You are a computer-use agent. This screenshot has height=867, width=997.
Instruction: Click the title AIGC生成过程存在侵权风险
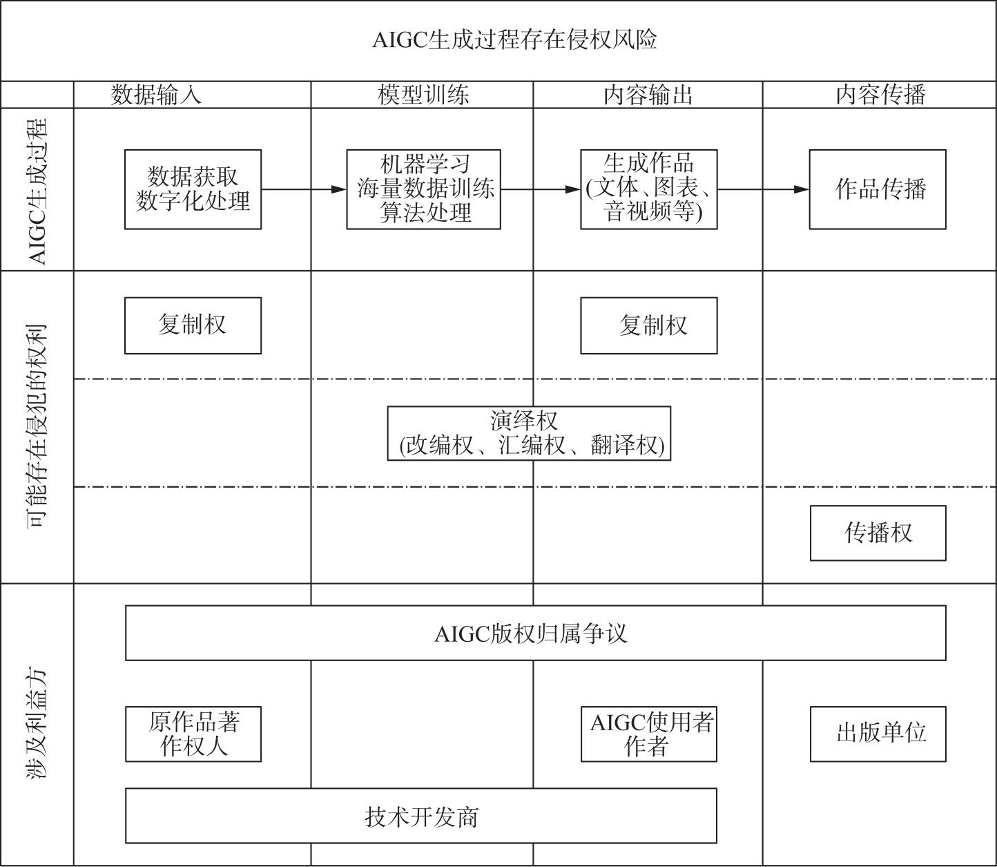[514, 40]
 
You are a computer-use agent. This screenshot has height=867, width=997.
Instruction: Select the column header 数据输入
[156, 95]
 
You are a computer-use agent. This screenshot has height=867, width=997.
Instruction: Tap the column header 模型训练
[423, 95]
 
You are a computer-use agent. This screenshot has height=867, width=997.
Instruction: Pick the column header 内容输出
[648, 95]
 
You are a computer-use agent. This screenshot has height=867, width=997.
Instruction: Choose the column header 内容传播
[880, 95]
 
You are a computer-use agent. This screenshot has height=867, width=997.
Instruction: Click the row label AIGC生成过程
[37, 191]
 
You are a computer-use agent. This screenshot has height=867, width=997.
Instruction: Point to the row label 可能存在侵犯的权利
[37, 426]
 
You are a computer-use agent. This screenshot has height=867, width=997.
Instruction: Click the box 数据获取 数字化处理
[193, 189]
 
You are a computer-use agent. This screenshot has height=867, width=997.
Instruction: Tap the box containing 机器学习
[423, 189]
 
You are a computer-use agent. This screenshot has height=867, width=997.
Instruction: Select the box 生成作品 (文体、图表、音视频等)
[648, 189]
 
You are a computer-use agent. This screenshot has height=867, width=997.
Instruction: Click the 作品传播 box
[878, 189]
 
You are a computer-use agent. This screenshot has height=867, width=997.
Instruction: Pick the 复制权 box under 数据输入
[193, 325]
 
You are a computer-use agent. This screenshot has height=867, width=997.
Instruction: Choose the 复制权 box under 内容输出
[648, 325]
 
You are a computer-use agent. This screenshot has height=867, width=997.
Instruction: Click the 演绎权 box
[529, 433]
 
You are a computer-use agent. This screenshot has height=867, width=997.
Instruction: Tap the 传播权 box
[878, 533]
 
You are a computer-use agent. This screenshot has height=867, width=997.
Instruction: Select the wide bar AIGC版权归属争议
[536, 633]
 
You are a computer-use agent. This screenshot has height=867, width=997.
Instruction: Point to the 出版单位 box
[878, 734]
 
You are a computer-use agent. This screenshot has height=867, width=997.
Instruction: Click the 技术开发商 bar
[421, 815]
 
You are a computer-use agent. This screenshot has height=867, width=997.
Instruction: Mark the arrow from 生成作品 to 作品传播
[763, 189]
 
